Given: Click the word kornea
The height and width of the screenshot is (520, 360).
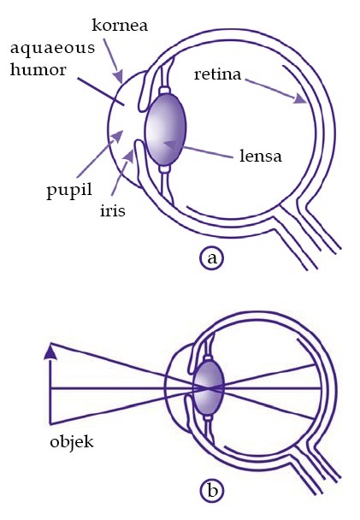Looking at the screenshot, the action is (x=120, y=26).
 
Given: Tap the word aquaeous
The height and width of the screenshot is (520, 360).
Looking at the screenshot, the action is (x=52, y=49).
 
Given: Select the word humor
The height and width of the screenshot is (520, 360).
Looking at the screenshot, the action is (x=38, y=70).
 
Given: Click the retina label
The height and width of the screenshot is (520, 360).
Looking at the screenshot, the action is (x=217, y=74).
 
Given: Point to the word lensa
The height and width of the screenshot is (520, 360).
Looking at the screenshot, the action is (x=261, y=155).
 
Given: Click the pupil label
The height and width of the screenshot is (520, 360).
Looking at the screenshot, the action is (x=69, y=192).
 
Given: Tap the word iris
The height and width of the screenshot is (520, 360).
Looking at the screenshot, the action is (x=113, y=210).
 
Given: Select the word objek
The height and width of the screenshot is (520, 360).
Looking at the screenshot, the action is (x=72, y=441).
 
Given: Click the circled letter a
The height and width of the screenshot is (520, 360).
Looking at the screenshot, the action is (x=212, y=258).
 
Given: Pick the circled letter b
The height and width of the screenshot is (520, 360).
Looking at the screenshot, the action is (x=212, y=490).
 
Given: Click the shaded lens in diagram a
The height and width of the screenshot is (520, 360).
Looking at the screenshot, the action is (x=165, y=129).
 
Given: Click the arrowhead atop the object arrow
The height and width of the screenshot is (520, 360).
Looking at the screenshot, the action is (x=50, y=352).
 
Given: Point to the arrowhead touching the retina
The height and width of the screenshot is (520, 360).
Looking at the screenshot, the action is (x=301, y=99).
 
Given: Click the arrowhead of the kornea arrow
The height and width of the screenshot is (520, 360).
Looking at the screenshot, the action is (x=120, y=77).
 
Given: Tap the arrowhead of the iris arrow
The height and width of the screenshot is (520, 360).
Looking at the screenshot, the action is (x=129, y=156).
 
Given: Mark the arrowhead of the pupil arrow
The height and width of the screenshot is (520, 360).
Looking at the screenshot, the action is (x=117, y=136).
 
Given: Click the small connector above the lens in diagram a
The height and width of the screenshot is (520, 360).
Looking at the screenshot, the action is (x=165, y=91).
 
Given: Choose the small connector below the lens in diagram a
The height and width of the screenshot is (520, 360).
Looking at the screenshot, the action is (x=165, y=169).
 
